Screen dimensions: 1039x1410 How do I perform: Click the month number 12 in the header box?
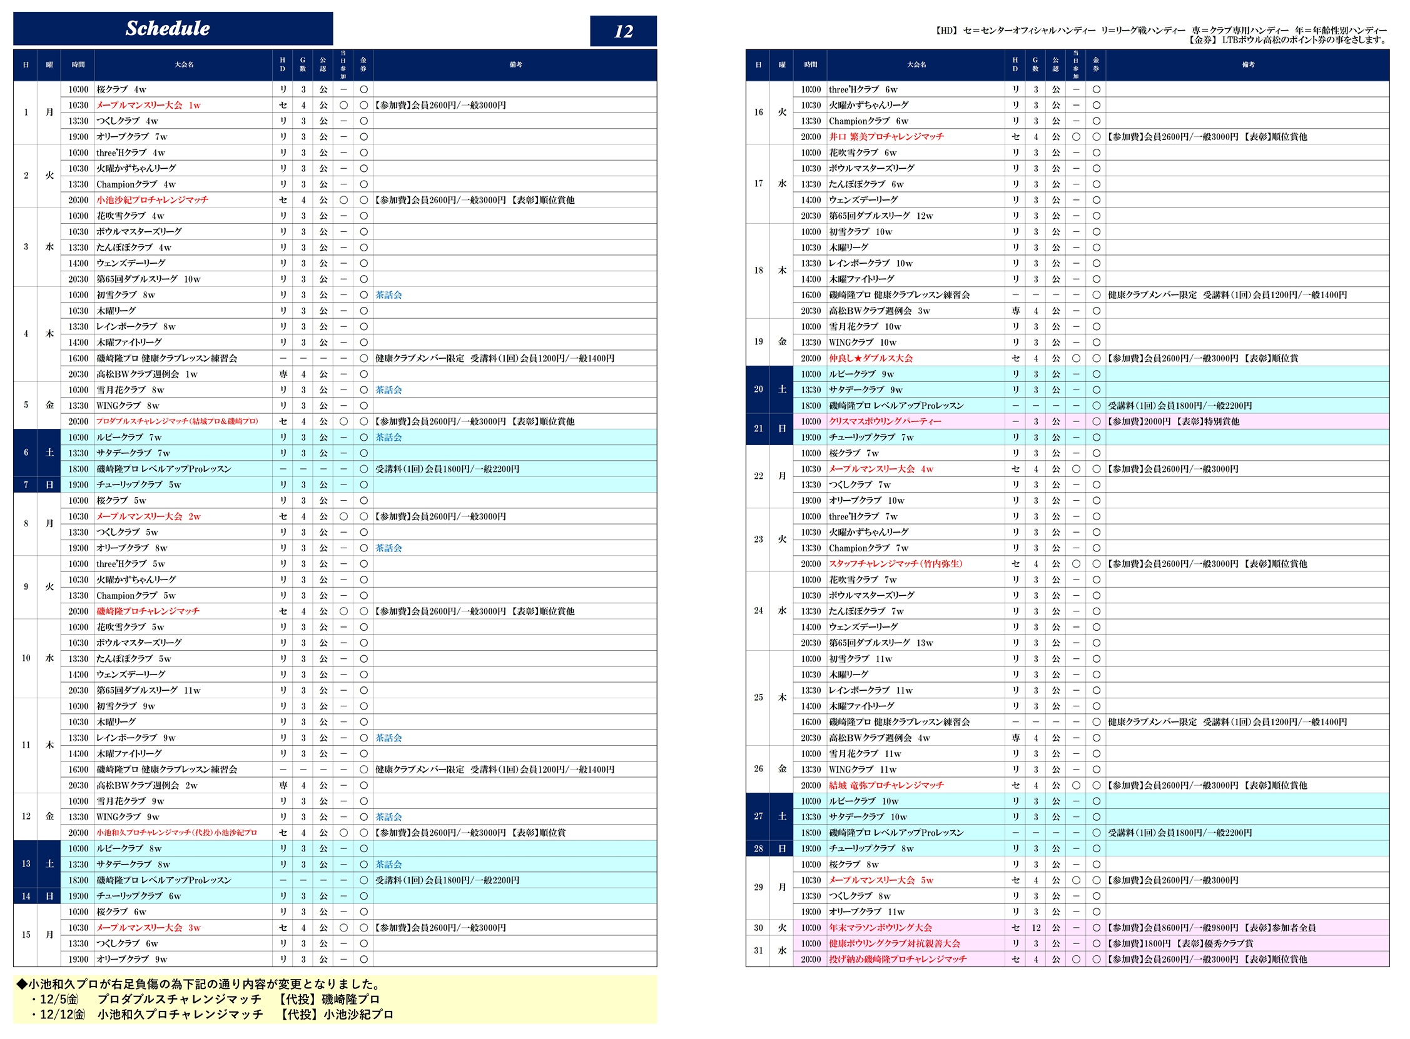pos(623,31)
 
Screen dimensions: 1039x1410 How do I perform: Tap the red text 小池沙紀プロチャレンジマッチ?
pos(152,200)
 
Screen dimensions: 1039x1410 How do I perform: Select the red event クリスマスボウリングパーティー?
pos(885,421)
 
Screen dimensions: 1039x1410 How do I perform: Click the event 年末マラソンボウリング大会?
pos(880,928)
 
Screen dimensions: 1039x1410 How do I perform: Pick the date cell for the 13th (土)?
pos(26,864)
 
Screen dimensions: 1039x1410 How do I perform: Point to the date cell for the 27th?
pos(758,816)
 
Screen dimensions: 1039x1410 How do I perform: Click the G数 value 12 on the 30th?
pos(1036,928)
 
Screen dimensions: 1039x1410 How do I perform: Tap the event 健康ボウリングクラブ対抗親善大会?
pos(894,943)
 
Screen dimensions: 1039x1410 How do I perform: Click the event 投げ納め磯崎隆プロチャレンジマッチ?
pos(897,959)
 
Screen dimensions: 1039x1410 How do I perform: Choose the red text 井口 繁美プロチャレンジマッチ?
pos(886,136)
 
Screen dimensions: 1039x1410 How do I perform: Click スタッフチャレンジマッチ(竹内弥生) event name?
pos(895,563)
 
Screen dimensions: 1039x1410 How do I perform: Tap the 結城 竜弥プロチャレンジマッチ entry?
pos(886,785)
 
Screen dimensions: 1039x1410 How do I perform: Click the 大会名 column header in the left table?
pos(184,65)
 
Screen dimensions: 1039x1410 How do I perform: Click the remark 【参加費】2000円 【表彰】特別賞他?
pos(1174,421)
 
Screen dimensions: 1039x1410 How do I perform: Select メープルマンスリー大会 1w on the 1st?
pos(148,105)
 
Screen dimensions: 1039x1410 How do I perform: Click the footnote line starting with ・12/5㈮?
pos(208,1000)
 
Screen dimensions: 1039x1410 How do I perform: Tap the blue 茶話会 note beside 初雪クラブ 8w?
pos(388,295)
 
